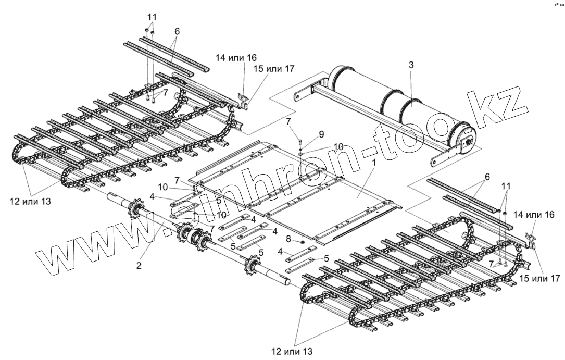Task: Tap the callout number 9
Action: pyautogui.click(x=321, y=134)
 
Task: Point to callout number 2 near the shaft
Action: pyautogui.click(x=139, y=265)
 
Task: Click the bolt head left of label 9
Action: pyautogui.click(x=301, y=142)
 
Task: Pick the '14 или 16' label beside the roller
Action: pyautogui.click(x=238, y=57)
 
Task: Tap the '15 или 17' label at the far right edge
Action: pyautogui.click(x=539, y=279)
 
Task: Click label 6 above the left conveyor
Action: pyautogui.click(x=177, y=31)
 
